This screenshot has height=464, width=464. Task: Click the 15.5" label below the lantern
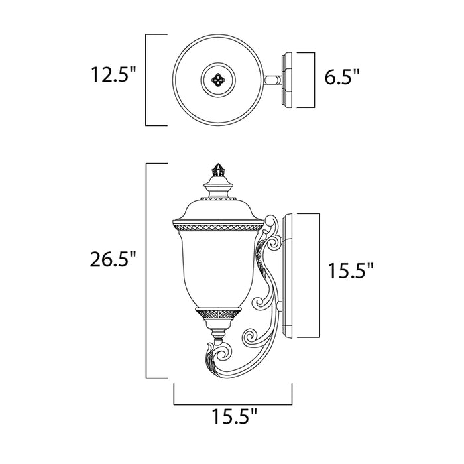235,417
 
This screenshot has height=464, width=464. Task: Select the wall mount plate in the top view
287,80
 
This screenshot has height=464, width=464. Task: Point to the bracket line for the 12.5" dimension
147,80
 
